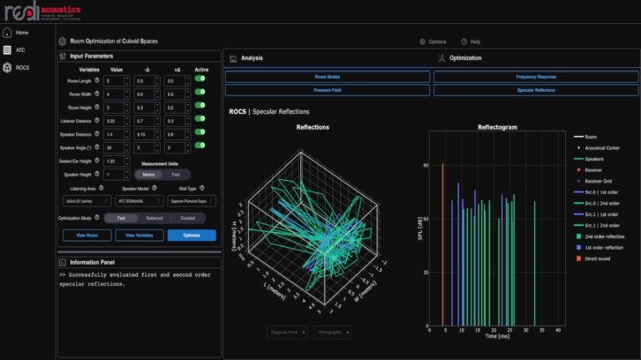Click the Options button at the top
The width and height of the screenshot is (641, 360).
(433, 41)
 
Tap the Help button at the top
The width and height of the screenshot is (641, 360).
(471, 41)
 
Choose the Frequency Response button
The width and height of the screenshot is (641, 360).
(536, 77)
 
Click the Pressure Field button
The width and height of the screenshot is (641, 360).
(327, 90)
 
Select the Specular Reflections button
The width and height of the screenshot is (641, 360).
(536, 90)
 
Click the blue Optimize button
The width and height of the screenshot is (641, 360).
(192, 236)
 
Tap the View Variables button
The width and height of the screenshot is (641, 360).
(140, 236)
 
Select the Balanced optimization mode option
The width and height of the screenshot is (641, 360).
(155, 217)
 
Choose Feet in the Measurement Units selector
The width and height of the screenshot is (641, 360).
(176, 175)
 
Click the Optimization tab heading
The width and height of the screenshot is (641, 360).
(465, 58)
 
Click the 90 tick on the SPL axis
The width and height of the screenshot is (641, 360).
(426, 165)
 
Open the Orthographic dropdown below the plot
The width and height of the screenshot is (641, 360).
(332, 333)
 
